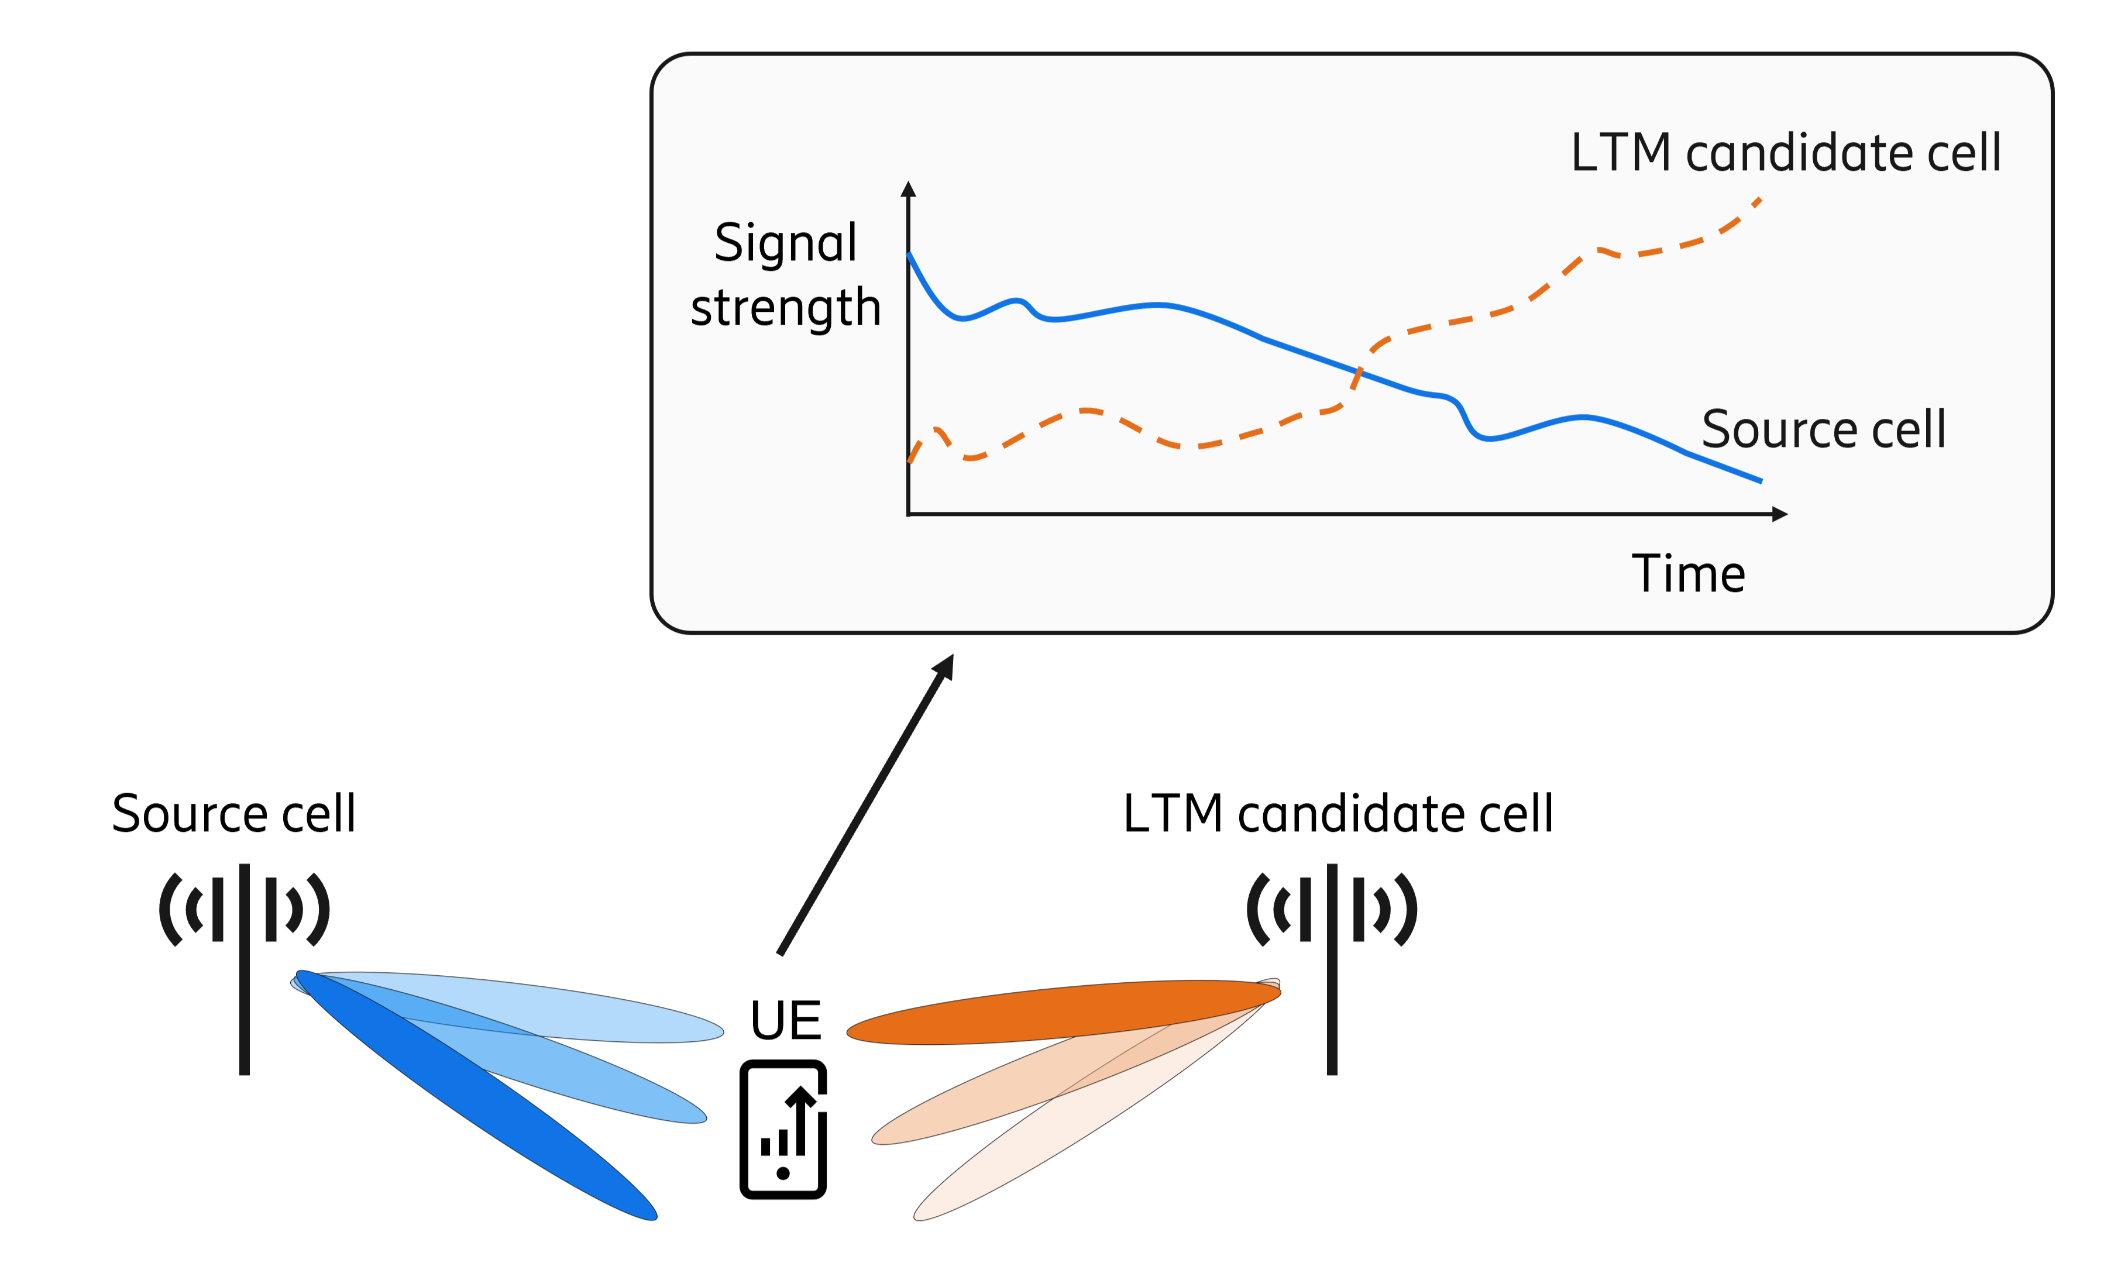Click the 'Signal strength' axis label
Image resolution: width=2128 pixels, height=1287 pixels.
[x=785, y=275]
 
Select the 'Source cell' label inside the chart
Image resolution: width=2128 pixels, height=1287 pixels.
[x=1823, y=429]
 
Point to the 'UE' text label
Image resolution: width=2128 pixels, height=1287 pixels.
[x=785, y=1020]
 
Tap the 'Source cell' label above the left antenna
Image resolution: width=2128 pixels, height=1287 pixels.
[x=233, y=814]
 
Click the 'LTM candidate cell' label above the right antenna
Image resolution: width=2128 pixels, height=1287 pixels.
[x=1338, y=814]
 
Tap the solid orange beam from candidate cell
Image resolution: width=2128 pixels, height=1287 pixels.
[x=1063, y=1011]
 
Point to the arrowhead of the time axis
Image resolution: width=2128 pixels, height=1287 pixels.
[x=1779, y=514]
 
